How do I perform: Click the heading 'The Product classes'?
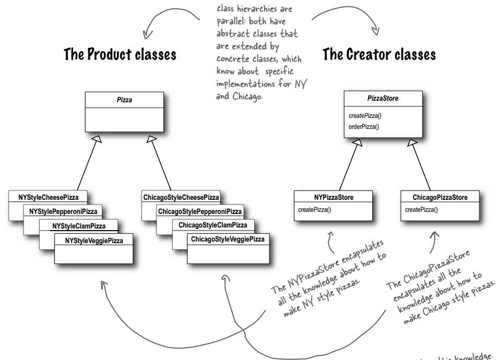pyautogui.click(x=120, y=54)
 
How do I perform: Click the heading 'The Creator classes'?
pyautogui.click(x=379, y=54)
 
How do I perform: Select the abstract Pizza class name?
pyautogui.click(x=124, y=100)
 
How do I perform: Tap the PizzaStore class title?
pyautogui.click(x=383, y=98)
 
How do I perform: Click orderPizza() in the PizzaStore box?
pyautogui.click(x=364, y=126)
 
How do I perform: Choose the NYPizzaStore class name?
pyautogui.click(x=334, y=198)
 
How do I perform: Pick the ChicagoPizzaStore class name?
pyautogui.click(x=440, y=198)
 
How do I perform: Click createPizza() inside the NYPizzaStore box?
pyautogui.click(x=315, y=210)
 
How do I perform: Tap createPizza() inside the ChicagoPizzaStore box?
pyautogui.click(x=421, y=210)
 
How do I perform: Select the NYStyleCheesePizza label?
pyautogui.click(x=48, y=197)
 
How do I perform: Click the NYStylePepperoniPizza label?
pyautogui.click(x=63, y=211)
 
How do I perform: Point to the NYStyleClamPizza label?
pyautogui.click(x=79, y=226)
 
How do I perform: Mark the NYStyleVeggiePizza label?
pyautogui.click(x=94, y=240)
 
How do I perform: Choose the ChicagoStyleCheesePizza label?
pyautogui.click(x=181, y=197)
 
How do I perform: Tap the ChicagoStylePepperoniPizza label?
pyautogui.click(x=200, y=211)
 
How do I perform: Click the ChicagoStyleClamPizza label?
pyautogui.click(x=213, y=225)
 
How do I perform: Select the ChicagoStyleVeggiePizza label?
pyautogui.click(x=228, y=239)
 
